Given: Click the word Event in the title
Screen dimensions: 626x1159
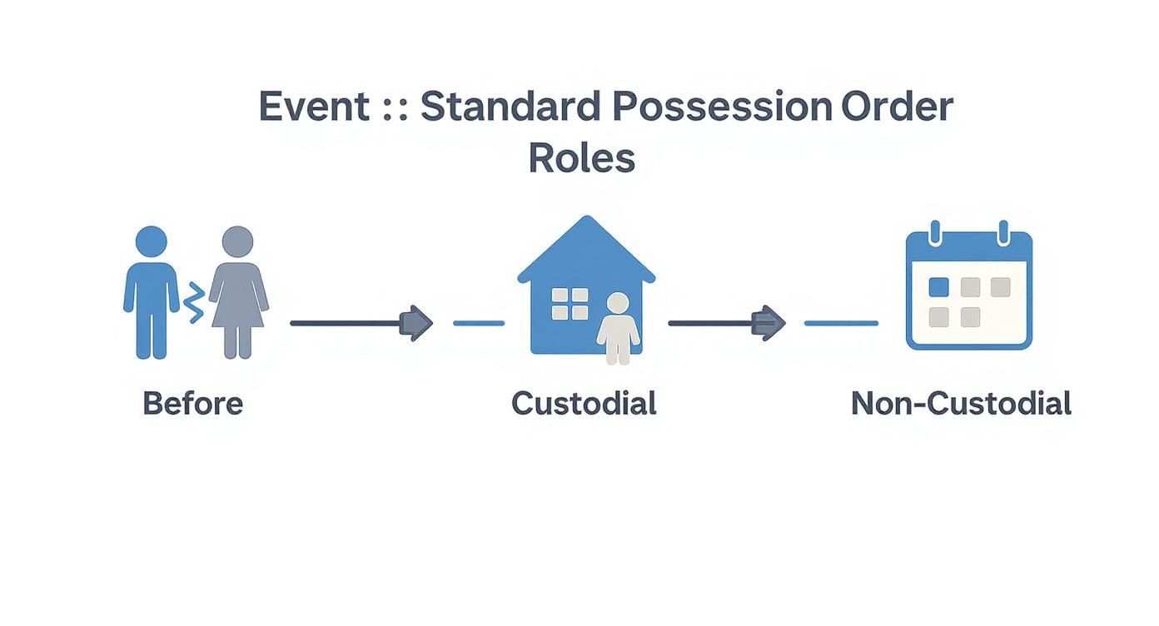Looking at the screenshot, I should pyautogui.click(x=314, y=107).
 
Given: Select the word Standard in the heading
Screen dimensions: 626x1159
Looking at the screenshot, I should pyautogui.click(x=509, y=107).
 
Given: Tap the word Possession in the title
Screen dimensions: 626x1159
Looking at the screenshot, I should pyautogui.click(x=721, y=107).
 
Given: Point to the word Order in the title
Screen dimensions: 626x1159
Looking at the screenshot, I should pyautogui.click(x=897, y=107).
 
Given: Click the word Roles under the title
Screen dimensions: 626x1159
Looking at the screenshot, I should pyautogui.click(x=581, y=158).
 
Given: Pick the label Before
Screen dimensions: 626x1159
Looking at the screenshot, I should pyautogui.click(x=192, y=404).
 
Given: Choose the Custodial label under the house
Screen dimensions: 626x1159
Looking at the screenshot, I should pyautogui.click(x=584, y=404).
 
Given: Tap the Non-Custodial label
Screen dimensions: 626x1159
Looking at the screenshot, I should pyautogui.click(x=960, y=404).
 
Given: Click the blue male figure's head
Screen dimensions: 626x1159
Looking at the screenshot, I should pyautogui.click(x=151, y=241).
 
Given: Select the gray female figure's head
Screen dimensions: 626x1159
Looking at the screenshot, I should pyautogui.click(x=237, y=241).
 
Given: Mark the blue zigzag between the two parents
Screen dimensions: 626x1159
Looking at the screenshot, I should pyautogui.click(x=194, y=302).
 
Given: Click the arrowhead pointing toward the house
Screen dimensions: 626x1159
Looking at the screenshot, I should pyautogui.click(x=417, y=323).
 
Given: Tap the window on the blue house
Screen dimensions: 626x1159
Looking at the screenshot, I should pyautogui.click(x=570, y=304).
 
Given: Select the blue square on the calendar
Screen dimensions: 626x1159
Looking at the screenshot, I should pyautogui.click(x=938, y=287).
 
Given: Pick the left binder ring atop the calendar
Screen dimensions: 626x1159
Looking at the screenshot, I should pyautogui.click(x=934, y=231).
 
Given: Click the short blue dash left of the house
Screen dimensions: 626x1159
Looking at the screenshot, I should pyautogui.click(x=479, y=323).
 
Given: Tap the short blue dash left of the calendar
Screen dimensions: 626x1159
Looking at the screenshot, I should pyautogui.click(x=841, y=323).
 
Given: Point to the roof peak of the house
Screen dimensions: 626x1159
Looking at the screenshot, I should pyautogui.click(x=587, y=220).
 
